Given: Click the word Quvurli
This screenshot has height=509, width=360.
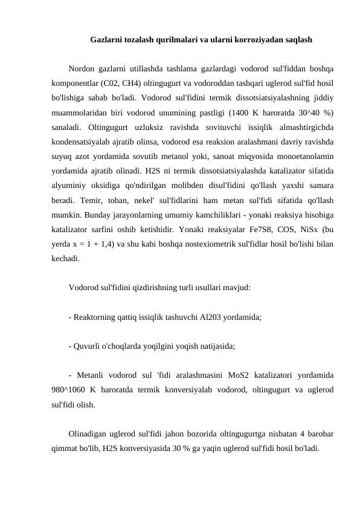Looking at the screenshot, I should [x=87, y=347].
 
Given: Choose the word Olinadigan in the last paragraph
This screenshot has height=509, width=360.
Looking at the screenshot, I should [x=88, y=435].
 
